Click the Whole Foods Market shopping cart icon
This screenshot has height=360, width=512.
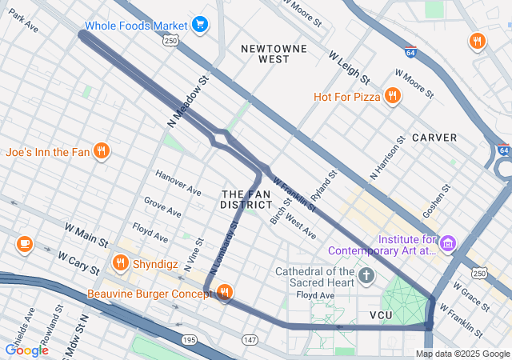pyautogui.click(x=200, y=25)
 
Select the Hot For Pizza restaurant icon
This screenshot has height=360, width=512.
pyautogui.click(x=392, y=97)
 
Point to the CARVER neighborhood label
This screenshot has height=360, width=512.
pyautogui.click(x=434, y=138)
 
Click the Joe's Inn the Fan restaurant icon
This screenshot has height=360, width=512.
pyautogui.click(x=101, y=150)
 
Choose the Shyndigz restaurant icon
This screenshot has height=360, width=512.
pyautogui.click(x=121, y=262)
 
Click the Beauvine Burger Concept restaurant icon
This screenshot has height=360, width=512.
pyautogui.click(x=225, y=294)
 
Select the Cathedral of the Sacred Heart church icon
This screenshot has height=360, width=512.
pyautogui.click(x=366, y=277)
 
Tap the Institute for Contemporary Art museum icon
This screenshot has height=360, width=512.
pyautogui.click(x=447, y=242)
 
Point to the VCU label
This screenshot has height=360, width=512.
pyautogui.click(x=381, y=315)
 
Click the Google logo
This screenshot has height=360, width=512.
pyautogui.click(x=26, y=350)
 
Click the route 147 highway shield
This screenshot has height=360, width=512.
pyautogui.click(x=250, y=340)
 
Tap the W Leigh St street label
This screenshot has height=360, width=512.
pyautogui.click(x=349, y=68)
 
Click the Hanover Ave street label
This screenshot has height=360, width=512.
pyautogui.click(x=178, y=183)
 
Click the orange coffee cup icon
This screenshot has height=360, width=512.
pyautogui.click(x=24, y=242)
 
